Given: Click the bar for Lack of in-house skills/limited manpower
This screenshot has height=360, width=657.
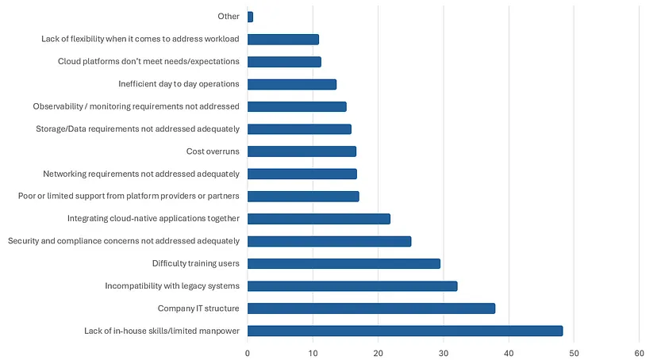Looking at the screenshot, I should [x=405, y=331].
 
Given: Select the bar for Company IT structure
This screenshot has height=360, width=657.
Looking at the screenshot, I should [x=371, y=308].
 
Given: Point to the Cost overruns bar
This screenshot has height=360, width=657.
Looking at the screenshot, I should [x=302, y=151].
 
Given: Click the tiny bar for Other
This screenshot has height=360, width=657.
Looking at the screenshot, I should [x=251, y=17].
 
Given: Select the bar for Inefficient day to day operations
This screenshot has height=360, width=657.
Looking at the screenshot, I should [x=292, y=84].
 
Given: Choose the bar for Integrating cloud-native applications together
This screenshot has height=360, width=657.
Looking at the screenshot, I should [x=319, y=219].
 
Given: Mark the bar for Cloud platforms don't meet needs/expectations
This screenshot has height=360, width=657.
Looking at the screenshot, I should [x=284, y=62].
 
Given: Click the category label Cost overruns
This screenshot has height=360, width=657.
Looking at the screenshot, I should [x=213, y=151].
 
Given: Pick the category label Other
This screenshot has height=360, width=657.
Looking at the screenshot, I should [x=229, y=17].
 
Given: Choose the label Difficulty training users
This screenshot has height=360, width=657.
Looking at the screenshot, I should [x=196, y=263].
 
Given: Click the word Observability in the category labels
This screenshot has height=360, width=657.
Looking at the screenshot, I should [x=60, y=106].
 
